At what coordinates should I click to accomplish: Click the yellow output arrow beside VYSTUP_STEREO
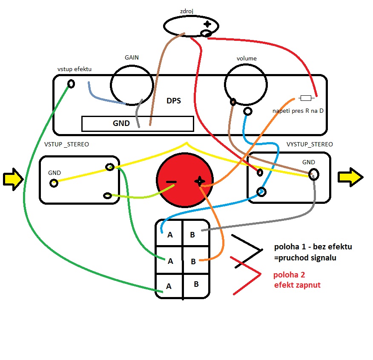350,177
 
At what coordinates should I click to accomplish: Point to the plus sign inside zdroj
207,24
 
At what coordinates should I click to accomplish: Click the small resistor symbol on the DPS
306,98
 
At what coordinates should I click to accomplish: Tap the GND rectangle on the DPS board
137,123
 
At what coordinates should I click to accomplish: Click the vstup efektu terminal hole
71,83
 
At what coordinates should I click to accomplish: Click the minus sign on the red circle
171,182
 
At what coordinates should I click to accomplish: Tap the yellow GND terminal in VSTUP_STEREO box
54,183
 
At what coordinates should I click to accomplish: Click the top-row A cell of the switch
170,234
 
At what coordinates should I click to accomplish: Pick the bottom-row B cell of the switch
196,284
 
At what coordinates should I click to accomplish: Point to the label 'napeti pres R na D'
298,111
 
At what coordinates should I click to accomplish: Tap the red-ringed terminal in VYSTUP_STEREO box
259,172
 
